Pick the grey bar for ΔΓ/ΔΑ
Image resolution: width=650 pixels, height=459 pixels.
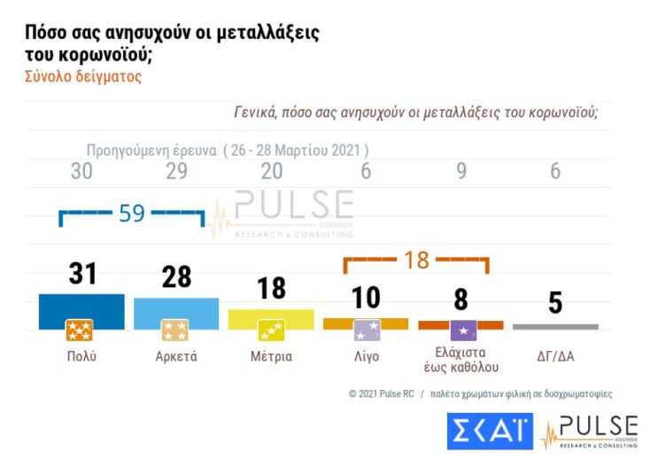[555, 326]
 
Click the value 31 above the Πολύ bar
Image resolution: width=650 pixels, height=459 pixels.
[82, 274]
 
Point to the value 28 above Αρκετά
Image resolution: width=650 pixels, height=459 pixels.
[176, 276]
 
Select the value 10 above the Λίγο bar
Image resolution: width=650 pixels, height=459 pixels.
[366, 298]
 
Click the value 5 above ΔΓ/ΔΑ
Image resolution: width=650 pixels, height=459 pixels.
[555, 302]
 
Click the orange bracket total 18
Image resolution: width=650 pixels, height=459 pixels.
[416, 260]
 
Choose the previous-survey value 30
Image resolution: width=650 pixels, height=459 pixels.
[81, 171]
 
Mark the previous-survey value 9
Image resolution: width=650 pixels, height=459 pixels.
[461, 171]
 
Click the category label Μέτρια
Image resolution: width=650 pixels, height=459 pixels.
[271, 357]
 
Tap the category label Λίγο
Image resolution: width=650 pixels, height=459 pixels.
[366, 357]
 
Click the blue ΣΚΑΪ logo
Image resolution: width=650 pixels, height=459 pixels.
[489, 431]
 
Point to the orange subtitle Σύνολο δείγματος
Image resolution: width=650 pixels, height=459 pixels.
[81, 76]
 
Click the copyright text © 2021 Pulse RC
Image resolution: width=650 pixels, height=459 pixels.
[381, 393]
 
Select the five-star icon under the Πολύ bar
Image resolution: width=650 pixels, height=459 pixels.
[80, 331]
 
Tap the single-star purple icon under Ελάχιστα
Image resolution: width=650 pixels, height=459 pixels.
[462, 331]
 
